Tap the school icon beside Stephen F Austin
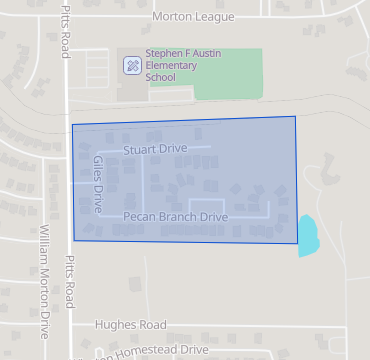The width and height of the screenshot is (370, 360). (131, 66)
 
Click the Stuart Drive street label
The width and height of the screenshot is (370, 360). (155, 150)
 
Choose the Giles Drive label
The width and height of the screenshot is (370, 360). (97, 172)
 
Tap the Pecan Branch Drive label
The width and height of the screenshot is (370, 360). (176, 216)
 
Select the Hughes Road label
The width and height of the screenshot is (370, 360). (130, 325)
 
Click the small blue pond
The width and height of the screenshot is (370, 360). (308, 235)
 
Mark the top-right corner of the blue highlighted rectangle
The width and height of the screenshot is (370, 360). (295, 117)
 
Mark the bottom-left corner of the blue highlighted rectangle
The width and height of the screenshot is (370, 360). (74, 239)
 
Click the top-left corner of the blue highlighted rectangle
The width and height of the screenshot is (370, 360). (72, 125)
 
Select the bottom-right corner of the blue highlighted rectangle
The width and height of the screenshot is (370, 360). (298, 243)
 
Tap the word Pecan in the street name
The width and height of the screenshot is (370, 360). (139, 216)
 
